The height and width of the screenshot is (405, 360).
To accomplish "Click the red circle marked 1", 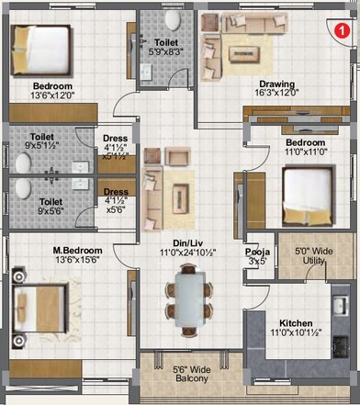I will tap(342, 30).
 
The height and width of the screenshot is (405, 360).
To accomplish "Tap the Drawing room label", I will tap(276, 82).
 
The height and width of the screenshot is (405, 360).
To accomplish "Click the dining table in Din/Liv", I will tap(189, 299).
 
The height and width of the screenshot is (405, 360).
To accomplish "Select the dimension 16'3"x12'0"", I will tap(276, 93).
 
